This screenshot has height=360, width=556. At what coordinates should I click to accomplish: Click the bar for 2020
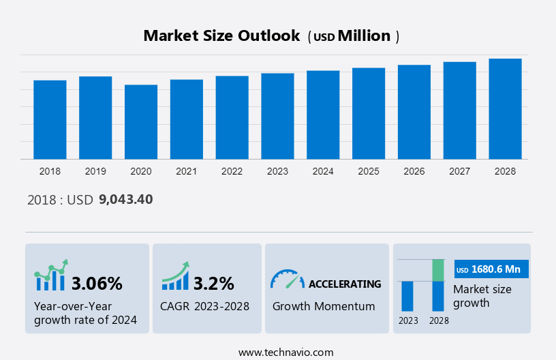pos(141,122)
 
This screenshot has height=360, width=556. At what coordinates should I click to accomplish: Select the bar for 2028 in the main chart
pos(505,109)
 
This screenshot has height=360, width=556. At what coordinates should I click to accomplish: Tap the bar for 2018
pos(50,120)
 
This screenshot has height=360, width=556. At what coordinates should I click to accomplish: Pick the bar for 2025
pos(369,113)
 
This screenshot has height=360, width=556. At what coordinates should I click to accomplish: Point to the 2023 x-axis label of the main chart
pos(277,171)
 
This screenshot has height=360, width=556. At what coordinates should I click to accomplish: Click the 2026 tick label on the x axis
pos(414,171)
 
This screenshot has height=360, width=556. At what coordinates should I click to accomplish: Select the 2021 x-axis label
pos(186,171)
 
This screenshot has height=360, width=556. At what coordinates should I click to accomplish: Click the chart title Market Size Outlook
pos(221,36)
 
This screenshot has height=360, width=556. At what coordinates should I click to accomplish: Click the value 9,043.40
pos(125,200)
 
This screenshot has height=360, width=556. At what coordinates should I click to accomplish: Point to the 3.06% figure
pos(97,283)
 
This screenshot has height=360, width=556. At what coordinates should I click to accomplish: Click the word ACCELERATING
pos(345,284)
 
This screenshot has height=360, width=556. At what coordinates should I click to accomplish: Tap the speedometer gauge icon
pos(287,280)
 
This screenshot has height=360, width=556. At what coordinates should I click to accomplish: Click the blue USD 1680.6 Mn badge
pos(491,269)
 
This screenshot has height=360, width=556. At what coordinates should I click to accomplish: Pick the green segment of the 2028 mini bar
pos(438,270)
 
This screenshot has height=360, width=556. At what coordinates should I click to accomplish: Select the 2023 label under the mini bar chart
pos(408,320)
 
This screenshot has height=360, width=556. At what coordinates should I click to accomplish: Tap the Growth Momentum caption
pos(324,306)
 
